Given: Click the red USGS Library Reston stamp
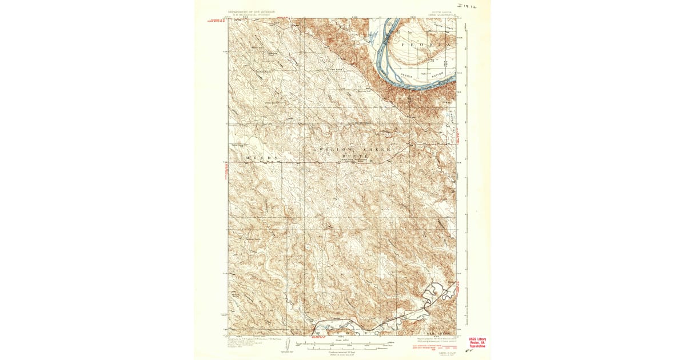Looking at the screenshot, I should point(477,342).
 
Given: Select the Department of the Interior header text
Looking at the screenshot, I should point(252,11).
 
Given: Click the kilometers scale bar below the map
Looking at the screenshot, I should point(343,349).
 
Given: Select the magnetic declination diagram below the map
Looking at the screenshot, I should point(289,345).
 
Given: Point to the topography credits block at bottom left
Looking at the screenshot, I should point(252,342).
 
